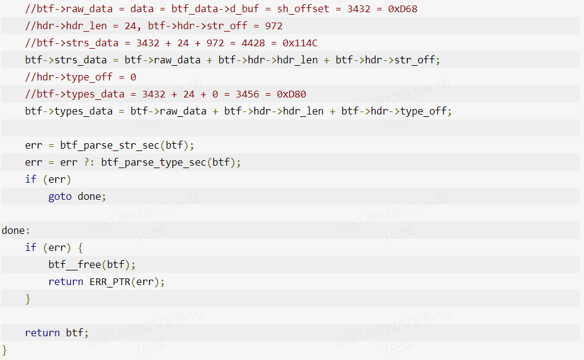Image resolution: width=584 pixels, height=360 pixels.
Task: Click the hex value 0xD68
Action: [403, 9]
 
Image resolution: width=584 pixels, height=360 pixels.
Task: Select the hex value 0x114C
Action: [300, 43]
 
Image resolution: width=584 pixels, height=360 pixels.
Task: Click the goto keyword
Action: [60, 196]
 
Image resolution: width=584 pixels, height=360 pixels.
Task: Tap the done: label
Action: [15, 230]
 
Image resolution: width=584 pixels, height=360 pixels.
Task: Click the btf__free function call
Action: [75, 264]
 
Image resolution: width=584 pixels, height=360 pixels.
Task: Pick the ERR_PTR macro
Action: [110, 281]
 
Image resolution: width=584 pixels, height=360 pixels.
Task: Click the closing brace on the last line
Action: [5, 350]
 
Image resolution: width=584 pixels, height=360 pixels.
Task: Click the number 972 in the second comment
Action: [274, 26]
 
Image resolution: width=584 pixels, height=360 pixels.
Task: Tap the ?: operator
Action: [90, 162]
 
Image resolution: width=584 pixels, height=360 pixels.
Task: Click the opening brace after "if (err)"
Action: [80, 247]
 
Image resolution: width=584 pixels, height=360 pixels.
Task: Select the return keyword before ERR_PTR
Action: [66, 281]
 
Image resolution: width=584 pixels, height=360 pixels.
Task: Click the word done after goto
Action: [89, 196]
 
